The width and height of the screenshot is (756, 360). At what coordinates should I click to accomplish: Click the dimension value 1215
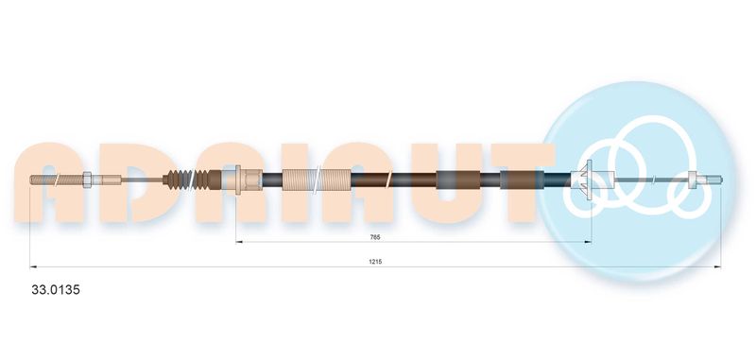coord(375,262)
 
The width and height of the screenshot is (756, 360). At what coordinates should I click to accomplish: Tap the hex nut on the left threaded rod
coord(88,180)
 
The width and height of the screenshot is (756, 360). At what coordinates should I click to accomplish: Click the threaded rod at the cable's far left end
coord(57,180)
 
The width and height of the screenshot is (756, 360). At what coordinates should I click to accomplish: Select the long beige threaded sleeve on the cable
coord(317,180)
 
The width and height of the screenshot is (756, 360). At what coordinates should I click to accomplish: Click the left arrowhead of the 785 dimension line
coord(238,242)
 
